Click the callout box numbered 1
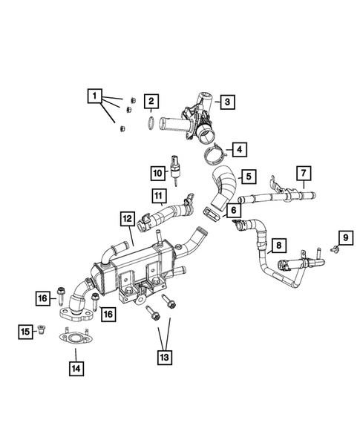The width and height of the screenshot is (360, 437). pos(94,95)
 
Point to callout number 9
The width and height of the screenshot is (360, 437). pos(344,237)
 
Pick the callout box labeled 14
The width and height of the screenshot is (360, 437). pos(75,367)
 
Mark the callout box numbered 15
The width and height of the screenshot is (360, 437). pos(24,330)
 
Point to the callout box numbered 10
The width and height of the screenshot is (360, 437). pos(157,174)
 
